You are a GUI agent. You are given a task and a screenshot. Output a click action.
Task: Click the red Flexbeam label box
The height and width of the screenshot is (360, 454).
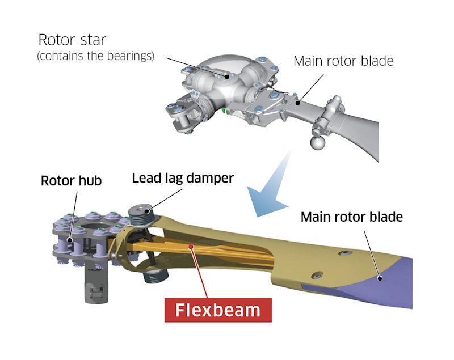[x=218, y=310]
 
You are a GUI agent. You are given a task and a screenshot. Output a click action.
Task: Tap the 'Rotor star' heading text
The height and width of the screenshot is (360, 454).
[x=77, y=40]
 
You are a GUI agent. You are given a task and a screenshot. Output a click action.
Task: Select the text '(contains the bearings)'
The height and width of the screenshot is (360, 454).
[x=96, y=57]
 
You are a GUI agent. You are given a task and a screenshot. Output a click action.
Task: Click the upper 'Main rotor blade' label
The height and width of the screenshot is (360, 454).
[x=343, y=61]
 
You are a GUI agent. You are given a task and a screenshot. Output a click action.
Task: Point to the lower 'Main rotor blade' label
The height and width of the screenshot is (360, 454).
[x=351, y=217]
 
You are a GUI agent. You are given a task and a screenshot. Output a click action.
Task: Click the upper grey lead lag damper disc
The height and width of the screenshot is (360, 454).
[x=141, y=215]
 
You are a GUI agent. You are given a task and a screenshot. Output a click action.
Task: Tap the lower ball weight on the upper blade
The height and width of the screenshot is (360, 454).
[x=315, y=142]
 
